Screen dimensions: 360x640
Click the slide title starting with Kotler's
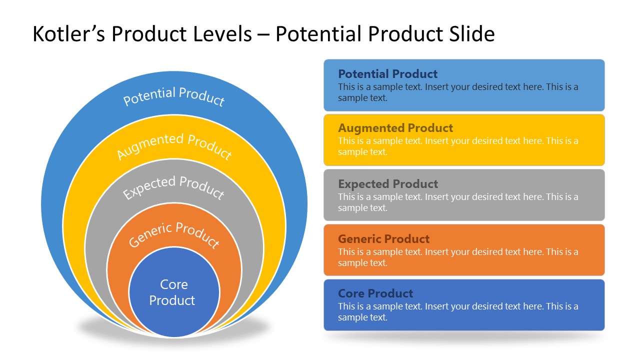pos(263,34)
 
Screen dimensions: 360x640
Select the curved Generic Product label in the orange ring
pos(174,234)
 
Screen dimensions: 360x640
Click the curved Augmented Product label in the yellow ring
pos(174,145)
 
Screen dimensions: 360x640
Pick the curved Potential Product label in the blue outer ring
pos(174,96)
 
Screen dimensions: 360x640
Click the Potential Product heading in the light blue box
pos(387,74)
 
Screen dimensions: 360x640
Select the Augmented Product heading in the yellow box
pos(395,128)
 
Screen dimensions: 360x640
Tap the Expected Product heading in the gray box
pos(387,184)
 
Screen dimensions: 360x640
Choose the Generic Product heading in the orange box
pos(383,239)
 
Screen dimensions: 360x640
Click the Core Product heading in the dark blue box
pos(375,293)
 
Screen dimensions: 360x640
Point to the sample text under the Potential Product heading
pos(457,92)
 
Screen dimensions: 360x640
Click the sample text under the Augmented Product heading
pos(457,146)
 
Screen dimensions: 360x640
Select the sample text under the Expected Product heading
pos(457,202)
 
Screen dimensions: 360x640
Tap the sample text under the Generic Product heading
pos(457,257)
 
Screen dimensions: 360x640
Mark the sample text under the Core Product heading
pos(457,312)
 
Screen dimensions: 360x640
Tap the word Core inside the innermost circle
pos(173,284)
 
